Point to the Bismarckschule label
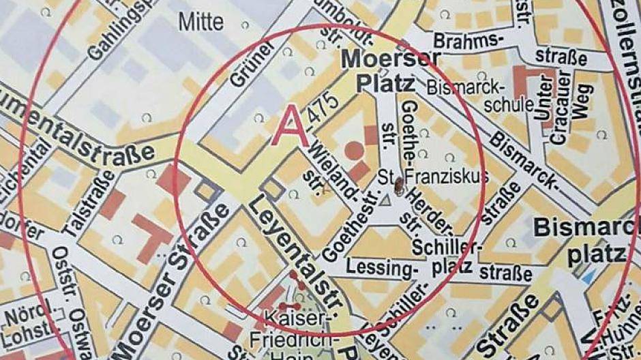tap(480, 95)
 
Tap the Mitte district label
tap(201, 22)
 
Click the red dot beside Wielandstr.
tap(353, 147)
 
